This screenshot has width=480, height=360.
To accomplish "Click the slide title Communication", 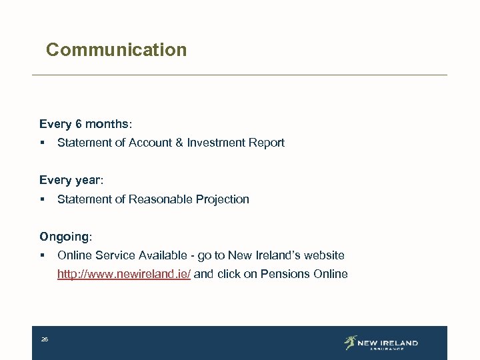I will click(x=116, y=50).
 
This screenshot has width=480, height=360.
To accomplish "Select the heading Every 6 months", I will click(x=85, y=124).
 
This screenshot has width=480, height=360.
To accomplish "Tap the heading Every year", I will click(x=71, y=181).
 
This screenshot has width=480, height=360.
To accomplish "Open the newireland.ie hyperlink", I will click(x=124, y=274).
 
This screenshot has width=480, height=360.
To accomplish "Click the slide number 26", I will click(x=45, y=340).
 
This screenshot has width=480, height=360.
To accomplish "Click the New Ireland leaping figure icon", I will click(x=350, y=343).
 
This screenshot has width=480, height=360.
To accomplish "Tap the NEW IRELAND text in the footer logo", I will click(x=387, y=343).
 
